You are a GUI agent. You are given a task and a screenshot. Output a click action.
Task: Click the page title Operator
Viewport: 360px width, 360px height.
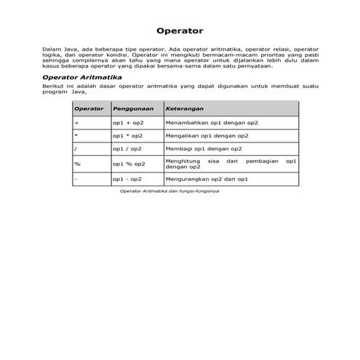(180, 31)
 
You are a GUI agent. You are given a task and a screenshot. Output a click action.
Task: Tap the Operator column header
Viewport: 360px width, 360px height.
(89, 108)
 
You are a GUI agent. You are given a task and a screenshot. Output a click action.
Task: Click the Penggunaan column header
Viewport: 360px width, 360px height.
(132, 108)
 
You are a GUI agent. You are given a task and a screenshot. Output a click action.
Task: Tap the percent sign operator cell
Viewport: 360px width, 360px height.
(77, 164)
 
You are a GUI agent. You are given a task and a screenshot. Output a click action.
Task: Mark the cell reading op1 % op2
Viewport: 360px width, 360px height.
(129, 164)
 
